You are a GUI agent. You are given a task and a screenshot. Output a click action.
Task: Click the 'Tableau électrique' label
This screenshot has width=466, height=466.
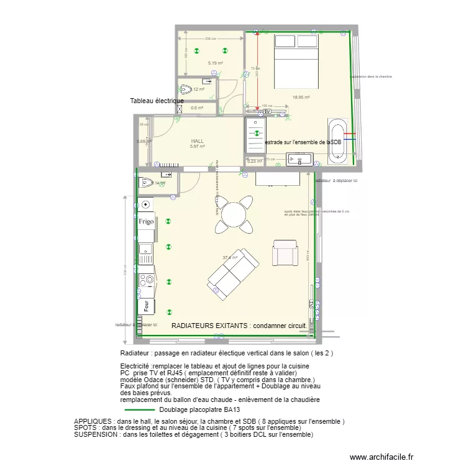point(157,101)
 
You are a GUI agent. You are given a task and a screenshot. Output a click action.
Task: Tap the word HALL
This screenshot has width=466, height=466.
point(197,142)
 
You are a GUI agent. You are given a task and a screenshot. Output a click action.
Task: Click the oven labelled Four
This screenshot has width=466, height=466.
point(146,306)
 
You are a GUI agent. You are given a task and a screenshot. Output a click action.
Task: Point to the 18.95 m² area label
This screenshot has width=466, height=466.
point(301,97)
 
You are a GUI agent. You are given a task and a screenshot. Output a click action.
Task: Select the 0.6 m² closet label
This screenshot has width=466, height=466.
point(197,108)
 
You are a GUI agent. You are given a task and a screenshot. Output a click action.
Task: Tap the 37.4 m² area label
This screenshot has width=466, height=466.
point(230,257)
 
